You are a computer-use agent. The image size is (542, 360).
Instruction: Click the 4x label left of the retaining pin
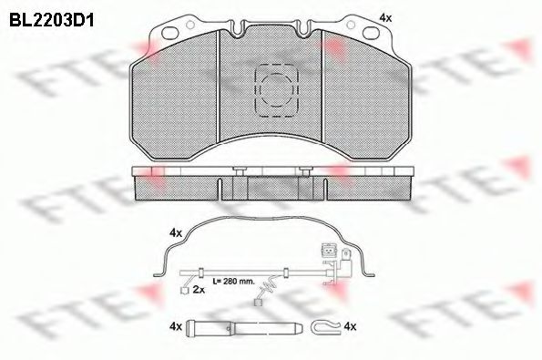tap(175, 325)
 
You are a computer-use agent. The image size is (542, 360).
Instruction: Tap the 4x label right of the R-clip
tap(351, 325)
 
